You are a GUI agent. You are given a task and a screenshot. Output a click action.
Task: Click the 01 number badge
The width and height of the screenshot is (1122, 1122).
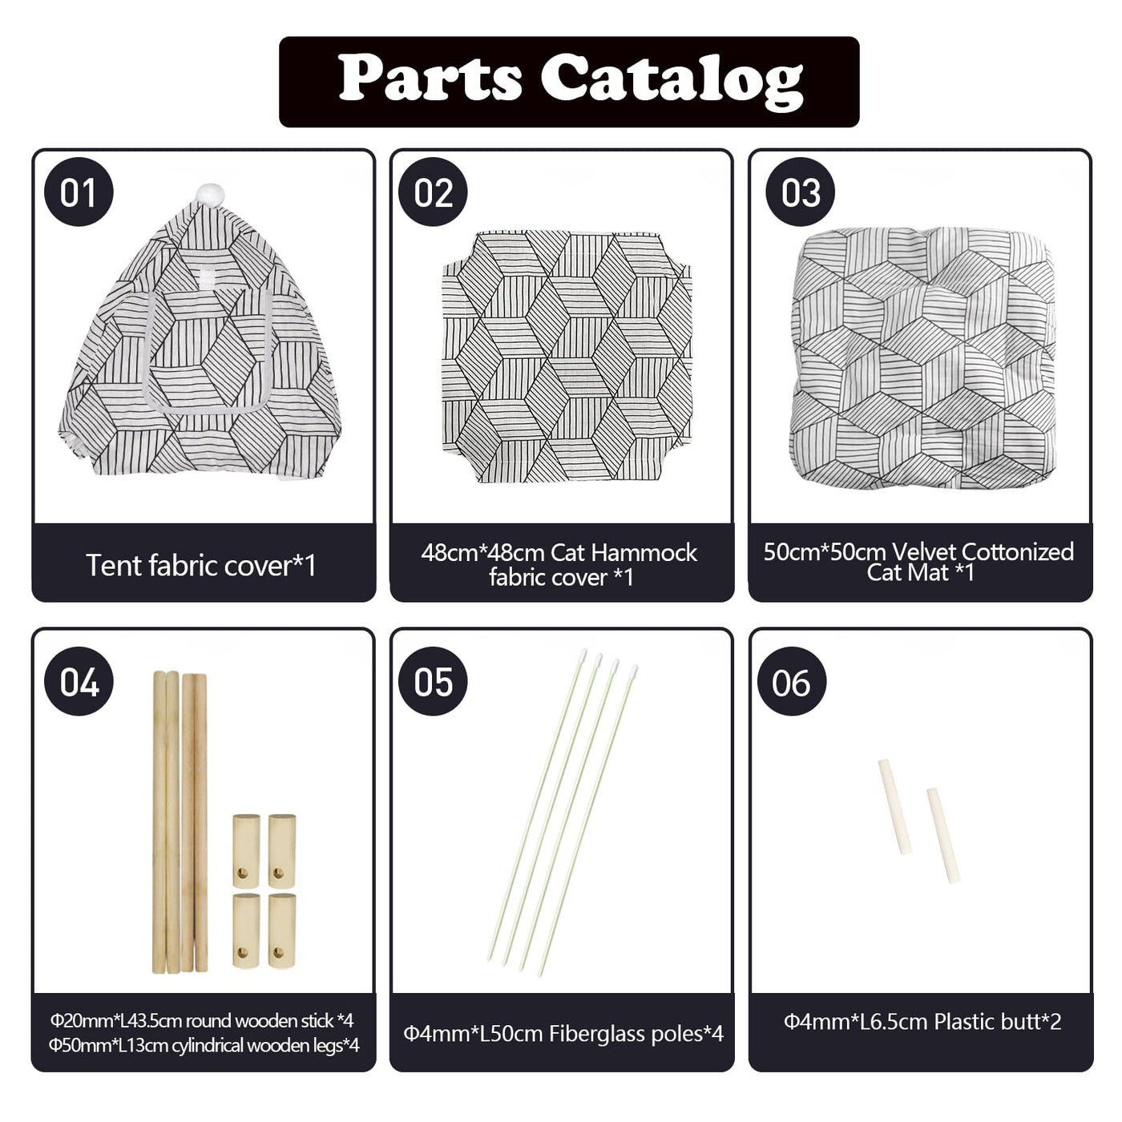(79, 192)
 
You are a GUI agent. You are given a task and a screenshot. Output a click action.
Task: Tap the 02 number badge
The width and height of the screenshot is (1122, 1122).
(433, 192)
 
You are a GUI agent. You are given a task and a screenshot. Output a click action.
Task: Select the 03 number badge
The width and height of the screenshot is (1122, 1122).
(800, 192)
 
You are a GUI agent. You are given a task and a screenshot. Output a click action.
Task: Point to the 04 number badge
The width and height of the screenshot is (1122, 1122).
(79, 681)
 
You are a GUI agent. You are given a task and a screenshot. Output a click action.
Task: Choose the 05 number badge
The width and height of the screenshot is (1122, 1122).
(433, 681)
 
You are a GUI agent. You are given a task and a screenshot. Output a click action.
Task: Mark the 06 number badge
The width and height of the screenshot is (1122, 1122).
(791, 681)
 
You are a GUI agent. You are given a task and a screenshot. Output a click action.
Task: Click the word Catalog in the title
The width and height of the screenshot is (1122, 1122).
(672, 82)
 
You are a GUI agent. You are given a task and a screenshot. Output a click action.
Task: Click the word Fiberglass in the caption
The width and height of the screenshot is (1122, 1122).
(603, 1034)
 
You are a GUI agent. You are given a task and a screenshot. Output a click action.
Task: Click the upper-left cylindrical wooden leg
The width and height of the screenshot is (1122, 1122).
(246, 850)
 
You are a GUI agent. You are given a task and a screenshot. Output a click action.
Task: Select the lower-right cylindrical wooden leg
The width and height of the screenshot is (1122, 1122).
(282, 930)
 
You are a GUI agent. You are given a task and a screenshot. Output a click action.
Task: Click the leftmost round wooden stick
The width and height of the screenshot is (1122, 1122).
(159, 822)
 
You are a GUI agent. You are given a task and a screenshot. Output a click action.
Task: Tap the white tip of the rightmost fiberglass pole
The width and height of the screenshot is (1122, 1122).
(634, 672)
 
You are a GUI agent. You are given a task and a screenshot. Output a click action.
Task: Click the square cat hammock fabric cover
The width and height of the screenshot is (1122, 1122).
(567, 357)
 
